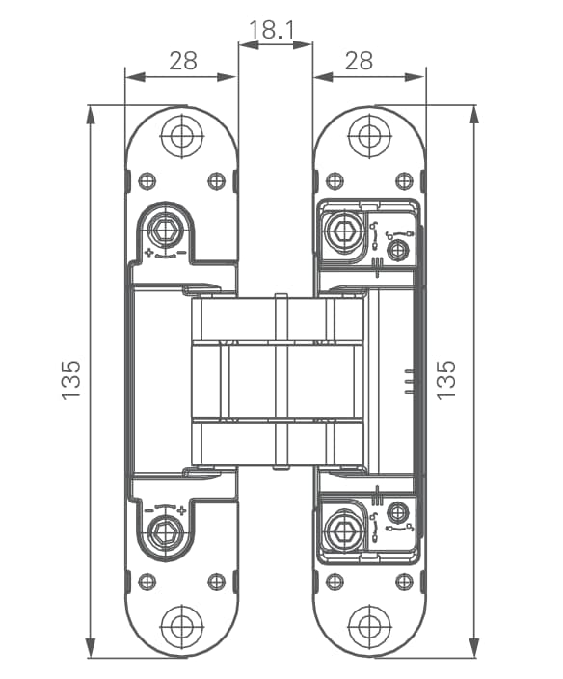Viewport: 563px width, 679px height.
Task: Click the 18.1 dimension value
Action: point(272,30)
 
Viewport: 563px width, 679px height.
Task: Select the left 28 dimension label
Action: point(183,61)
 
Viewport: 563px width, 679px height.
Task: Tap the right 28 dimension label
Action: point(359,61)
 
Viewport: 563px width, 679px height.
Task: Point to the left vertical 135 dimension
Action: point(71,379)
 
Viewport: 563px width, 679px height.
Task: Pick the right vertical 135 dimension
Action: point(446,379)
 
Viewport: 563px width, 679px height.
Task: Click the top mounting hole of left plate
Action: point(182,136)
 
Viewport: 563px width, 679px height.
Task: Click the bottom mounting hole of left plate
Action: point(182,625)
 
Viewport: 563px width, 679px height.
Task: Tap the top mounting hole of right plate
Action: point(369,136)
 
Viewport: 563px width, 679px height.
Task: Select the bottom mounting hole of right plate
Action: point(369,625)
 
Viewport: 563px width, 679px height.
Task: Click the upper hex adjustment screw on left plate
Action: point(164,230)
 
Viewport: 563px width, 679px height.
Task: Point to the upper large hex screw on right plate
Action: point(344,230)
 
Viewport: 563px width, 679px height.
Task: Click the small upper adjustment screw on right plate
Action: point(398,250)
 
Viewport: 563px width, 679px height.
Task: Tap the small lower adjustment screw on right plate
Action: point(397,512)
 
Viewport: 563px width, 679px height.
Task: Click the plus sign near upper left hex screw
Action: point(149,252)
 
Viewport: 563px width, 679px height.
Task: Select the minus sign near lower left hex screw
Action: point(148,510)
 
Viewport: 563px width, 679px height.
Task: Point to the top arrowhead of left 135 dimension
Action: point(91,115)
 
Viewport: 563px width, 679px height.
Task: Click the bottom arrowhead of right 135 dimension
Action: point(474,648)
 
